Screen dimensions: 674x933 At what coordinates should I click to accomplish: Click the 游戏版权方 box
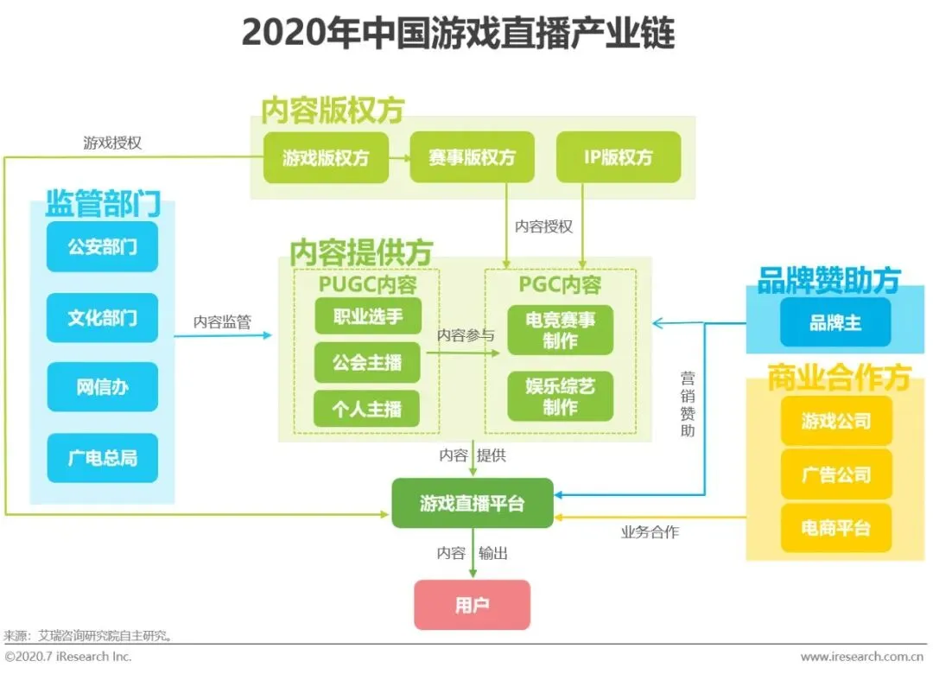[x=326, y=157]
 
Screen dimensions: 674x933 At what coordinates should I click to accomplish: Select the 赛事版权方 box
[x=472, y=157]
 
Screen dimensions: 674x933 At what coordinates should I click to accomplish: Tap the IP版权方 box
[x=618, y=157]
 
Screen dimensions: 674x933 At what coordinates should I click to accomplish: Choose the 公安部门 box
[x=102, y=246]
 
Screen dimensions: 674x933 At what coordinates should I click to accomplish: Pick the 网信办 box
[x=102, y=387]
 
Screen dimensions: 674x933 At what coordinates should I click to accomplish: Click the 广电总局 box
[x=102, y=458]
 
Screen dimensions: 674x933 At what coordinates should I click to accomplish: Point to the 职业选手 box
[x=367, y=316]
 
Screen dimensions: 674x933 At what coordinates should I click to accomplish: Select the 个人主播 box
[x=367, y=409]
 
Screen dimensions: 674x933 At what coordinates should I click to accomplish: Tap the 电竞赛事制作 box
[x=560, y=329]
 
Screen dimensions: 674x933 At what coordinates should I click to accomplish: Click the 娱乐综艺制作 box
[x=560, y=396]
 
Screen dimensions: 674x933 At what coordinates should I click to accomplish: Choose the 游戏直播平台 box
[x=472, y=503]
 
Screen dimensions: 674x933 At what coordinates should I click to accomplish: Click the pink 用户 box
[x=472, y=605]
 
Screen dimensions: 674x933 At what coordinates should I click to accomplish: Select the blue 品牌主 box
[x=835, y=323]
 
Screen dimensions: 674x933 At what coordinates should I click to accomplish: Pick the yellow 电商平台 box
[x=835, y=528]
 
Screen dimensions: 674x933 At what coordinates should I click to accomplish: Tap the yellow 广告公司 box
[x=835, y=474]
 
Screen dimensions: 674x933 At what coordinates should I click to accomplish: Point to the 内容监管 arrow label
[x=222, y=322]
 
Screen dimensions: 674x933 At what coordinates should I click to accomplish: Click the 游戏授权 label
[x=112, y=143]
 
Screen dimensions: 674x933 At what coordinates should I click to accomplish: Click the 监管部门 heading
[x=102, y=205]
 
